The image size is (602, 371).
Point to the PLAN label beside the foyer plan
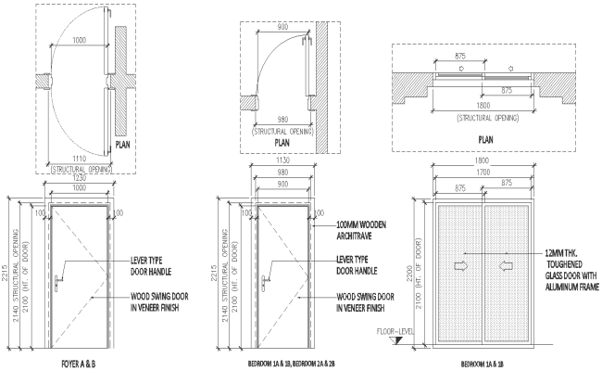coord(127,145)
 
